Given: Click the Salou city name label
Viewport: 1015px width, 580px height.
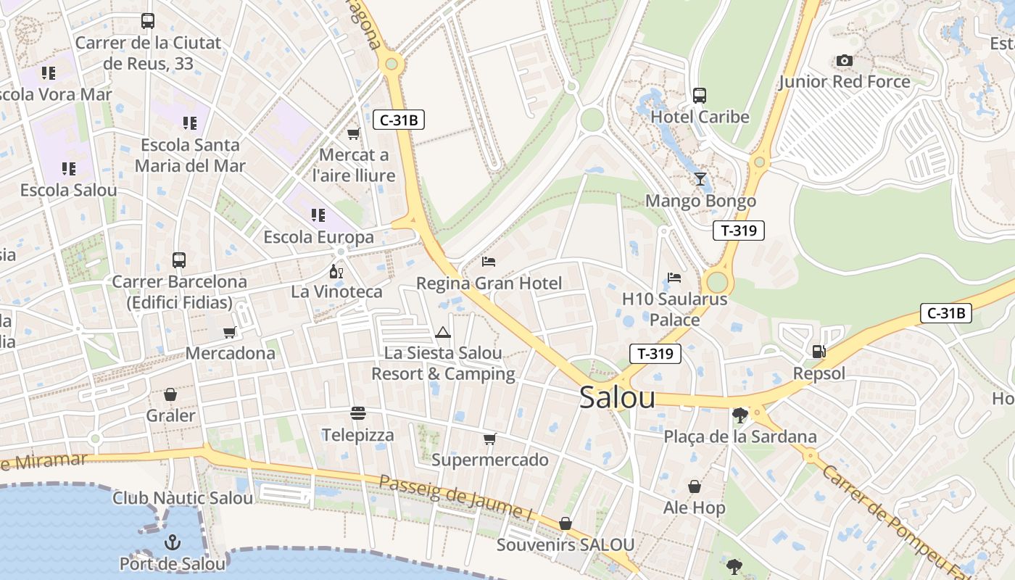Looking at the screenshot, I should pyautogui.click(x=617, y=398).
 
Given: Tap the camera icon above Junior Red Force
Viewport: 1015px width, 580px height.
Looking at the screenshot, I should pyautogui.click(x=845, y=60).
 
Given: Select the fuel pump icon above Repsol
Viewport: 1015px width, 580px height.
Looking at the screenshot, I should pyautogui.click(x=819, y=352).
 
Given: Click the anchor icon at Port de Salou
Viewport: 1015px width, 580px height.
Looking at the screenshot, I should pyautogui.click(x=172, y=542).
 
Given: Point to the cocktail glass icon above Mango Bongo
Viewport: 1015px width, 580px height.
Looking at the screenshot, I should pyautogui.click(x=700, y=179).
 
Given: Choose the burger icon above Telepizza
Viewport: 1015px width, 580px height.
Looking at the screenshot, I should pyautogui.click(x=357, y=413).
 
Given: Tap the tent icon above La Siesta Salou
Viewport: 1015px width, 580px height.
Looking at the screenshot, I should pyautogui.click(x=443, y=332).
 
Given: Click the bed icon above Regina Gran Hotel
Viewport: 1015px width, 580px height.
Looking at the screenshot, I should pyautogui.click(x=489, y=261).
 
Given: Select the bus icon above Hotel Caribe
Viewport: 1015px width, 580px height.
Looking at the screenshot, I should pyautogui.click(x=700, y=95).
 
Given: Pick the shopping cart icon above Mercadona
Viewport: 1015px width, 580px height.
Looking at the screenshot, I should pyautogui.click(x=230, y=332).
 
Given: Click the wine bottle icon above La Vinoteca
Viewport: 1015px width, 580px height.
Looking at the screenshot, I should pyautogui.click(x=336, y=271).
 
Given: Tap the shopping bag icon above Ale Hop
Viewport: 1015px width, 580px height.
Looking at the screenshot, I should pyautogui.click(x=694, y=486).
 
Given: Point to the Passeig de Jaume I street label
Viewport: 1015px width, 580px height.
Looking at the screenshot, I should pyautogui.click(x=456, y=497).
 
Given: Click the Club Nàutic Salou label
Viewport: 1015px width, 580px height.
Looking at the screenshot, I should pyautogui.click(x=183, y=498).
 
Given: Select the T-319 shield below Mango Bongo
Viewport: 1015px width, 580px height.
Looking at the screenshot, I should pyautogui.click(x=739, y=231).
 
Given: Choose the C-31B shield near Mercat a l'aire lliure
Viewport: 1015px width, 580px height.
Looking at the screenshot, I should pyautogui.click(x=398, y=120).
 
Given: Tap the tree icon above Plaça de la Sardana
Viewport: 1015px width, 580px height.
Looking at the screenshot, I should pyautogui.click(x=740, y=415).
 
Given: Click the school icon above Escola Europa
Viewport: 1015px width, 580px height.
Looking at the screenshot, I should pyautogui.click(x=318, y=215).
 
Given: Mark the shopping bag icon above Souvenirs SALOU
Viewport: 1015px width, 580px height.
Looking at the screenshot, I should pyautogui.click(x=565, y=523).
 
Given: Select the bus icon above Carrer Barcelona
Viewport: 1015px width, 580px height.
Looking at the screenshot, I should pyautogui.click(x=179, y=260).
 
